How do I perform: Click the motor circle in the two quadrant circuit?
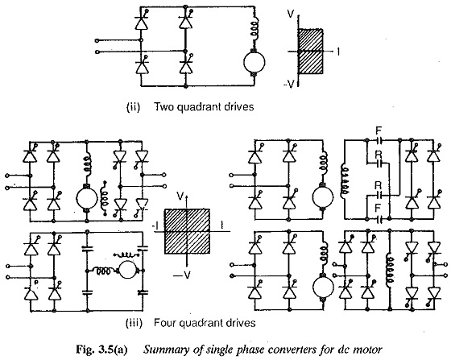[x=254, y=62]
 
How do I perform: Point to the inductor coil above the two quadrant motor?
[x=255, y=27]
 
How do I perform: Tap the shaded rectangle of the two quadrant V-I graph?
[x=310, y=52]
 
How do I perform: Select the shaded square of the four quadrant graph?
[x=187, y=231]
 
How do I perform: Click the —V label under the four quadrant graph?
[x=181, y=275]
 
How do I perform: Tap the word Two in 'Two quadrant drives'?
[x=165, y=107]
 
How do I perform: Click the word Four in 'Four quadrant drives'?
[x=165, y=323]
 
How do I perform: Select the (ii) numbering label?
[x=133, y=107]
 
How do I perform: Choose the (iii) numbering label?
[x=134, y=323]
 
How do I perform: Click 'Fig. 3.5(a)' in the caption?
[x=101, y=350]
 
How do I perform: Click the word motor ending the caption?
[x=370, y=350]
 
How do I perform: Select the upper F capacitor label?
[x=379, y=131]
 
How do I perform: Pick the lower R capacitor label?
[x=379, y=185]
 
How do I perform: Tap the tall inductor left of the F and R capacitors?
[x=343, y=180]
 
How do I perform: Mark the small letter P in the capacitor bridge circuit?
[x=36, y=283]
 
